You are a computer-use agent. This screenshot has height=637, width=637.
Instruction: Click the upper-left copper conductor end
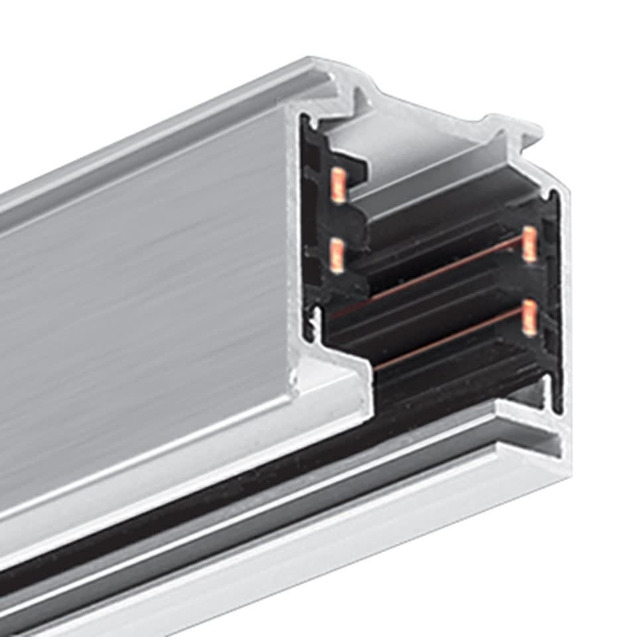coord(338,185)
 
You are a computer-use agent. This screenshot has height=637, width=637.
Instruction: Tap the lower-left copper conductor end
coord(337,255)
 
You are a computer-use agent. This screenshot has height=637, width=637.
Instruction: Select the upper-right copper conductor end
coord(529,244)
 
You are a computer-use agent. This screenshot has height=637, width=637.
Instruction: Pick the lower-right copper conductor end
coord(529,317)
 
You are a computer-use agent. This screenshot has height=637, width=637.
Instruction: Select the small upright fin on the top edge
coord(362,100)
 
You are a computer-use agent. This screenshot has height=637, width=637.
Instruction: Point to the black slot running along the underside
coord(199,524)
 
